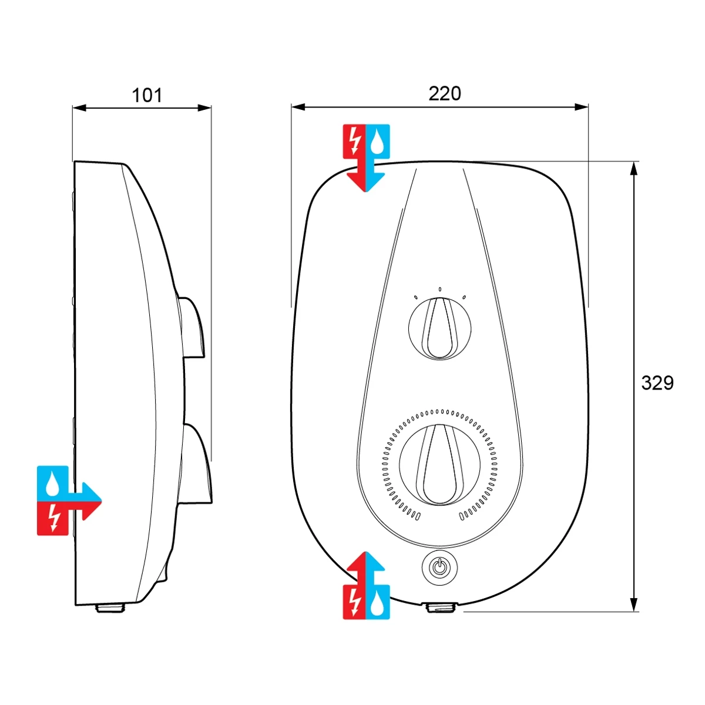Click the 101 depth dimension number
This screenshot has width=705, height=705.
click(146, 95)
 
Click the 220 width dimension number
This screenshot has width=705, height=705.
click(445, 93)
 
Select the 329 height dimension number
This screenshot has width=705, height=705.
click(657, 383)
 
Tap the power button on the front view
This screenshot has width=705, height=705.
click(439, 568)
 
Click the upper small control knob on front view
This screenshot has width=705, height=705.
click(439, 328)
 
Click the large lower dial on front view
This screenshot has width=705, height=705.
click(439, 464)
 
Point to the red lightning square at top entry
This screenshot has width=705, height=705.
click(354, 141)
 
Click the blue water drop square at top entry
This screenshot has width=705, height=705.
click(378, 141)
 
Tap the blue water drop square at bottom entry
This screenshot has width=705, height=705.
click(378, 602)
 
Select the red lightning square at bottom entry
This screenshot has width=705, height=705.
click(354, 602)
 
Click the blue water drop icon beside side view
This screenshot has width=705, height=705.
click(53, 483)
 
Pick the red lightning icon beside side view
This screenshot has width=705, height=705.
click(53, 518)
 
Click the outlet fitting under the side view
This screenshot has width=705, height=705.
click(110, 608)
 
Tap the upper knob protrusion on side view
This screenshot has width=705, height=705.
click(192, 328)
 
